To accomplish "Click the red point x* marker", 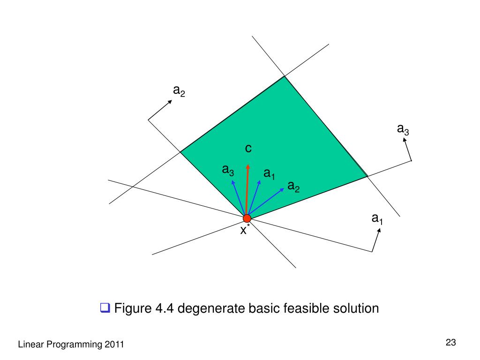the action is click(247, 218).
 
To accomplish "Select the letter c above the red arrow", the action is click(248, 149).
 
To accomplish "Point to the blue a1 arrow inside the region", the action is click(254, 197).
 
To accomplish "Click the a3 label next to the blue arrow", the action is click(228, 170).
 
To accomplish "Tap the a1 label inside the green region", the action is click(269, 174).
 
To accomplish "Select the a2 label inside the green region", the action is click(293, 187).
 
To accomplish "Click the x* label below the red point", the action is click(245, 231).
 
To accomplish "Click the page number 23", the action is click(451, 343).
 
